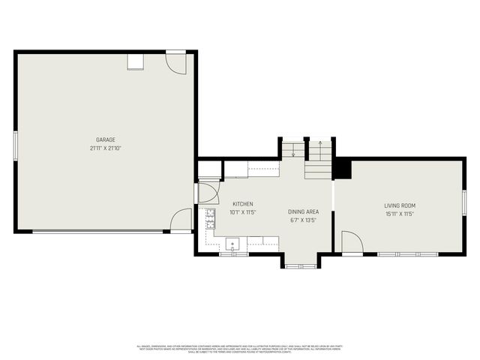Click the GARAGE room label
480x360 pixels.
click(105, 139)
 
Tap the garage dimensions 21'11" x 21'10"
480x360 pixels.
click(105, 148)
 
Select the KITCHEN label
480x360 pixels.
click(242, 204)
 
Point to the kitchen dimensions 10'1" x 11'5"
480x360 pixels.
click(242, 212)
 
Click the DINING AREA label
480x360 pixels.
click(304, 212)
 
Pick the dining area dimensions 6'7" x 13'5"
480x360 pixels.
click(304, 220)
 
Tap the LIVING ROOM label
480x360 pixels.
click(400, 205)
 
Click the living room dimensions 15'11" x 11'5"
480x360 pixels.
click(400, 214)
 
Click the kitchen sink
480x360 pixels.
click(233, 243)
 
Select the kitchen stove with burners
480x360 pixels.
click(211, 218)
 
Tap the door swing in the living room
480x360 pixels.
click(351, 242)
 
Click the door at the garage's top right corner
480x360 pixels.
click(175, 62)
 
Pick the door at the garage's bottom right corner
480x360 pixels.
click(181, 220)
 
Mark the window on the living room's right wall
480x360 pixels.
click(464, 202)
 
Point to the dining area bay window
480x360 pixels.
click(300, 263)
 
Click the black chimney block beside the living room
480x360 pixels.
click(342, 168)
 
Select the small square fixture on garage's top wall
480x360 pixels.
click(135, 61)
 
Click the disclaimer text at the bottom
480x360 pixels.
click(240, 348)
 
